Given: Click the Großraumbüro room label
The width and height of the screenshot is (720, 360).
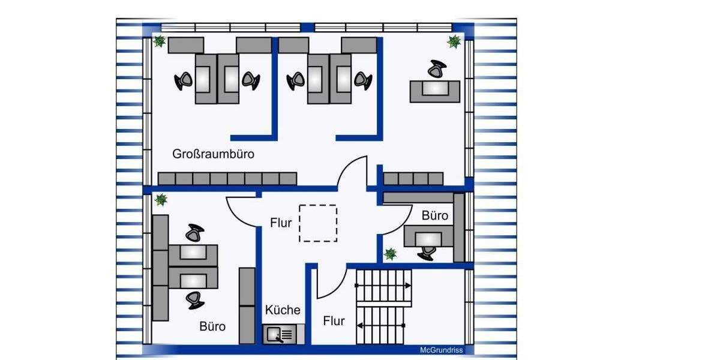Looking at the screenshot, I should [x=213, y=154].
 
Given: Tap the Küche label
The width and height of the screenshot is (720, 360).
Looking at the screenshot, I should [x=283, y=310].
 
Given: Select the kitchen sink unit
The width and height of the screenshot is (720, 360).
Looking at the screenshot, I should [x=283, y=334].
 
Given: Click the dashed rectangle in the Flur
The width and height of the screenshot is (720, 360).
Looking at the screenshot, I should [x=318, y=223].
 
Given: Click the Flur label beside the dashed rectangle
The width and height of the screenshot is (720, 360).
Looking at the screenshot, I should [x=281, y=223].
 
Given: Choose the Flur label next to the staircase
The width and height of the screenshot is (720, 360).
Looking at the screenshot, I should [x=334, y=321].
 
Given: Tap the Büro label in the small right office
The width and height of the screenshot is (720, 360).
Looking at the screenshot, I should [x=434, y=215].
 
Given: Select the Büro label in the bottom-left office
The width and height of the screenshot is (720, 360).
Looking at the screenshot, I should [x=212, y=326].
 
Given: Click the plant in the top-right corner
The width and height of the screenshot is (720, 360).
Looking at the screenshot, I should [x=454, y=41].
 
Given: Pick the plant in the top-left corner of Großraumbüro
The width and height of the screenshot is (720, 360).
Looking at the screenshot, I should [x=159, y=41].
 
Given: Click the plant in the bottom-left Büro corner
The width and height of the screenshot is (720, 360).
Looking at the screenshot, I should [x=160, y=199].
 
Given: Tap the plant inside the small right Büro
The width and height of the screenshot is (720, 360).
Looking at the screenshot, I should [x=391, y=254].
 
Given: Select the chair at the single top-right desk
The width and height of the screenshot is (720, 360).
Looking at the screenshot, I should [x=437, y=69].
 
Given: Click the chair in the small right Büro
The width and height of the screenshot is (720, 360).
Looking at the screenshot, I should [x=427, y=253].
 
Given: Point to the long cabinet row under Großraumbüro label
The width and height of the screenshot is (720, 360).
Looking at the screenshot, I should [x=227, y=178].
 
